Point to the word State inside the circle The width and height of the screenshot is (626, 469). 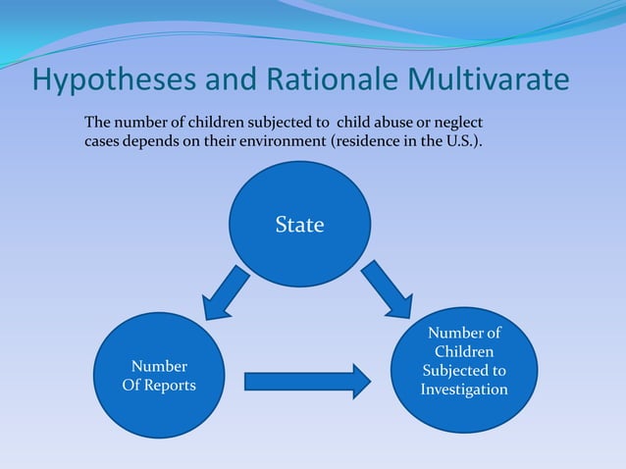[x=299, y=226]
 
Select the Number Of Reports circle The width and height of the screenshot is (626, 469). [x=158, y=376]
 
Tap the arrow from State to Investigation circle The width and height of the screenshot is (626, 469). [x=387, y=290]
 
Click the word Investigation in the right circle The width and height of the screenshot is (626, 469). [x=464, y=390]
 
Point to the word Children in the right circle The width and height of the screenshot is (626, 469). [x=464, y=352]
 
